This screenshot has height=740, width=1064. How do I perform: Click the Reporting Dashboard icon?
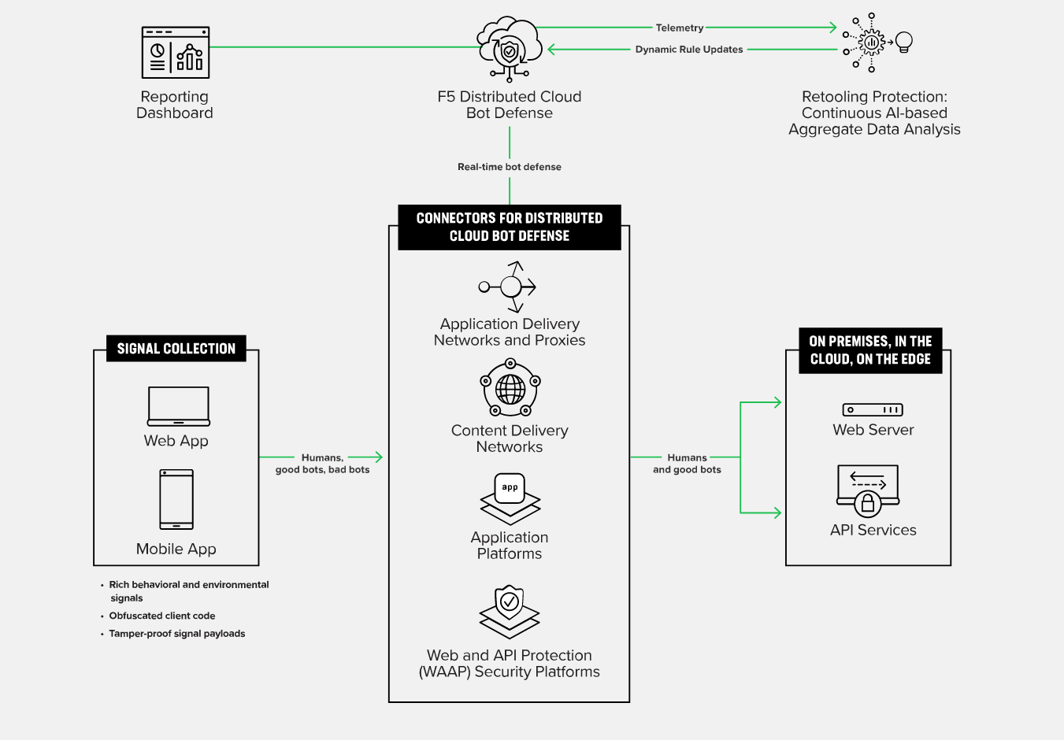pyautogui.click(x=176, y=53)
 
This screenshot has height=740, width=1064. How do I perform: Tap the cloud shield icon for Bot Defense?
pyautogui.click(x=510, y=50)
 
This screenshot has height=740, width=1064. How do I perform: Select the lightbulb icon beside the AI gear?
pyautogui.click(x=904, y=42)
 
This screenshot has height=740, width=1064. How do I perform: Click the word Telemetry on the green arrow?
pyautogui.click(x=679, y=28)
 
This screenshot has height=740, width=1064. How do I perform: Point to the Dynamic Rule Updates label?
pyautogui.click(x=689, y=50)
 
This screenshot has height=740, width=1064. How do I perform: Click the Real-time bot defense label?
pyautogui.click(x=510, y=167)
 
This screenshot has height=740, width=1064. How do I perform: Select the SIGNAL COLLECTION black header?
pyautogui.click(x=176, y=349)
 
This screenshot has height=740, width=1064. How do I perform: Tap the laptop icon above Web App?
pyautogui.click(x=178, y=406)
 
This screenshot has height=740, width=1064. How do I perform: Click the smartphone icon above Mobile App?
pyautogui.click(x=176, y=499)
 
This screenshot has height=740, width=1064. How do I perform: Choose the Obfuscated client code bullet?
pyautogui.click(x=161, y=616)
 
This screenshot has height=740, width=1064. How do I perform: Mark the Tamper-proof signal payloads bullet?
pyautogui.click(x=176, y=634)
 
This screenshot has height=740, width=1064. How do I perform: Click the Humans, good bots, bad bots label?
pyautogui.click(x=322, y=464)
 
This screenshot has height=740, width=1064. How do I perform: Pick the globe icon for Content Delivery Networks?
pyautogui.click(x=510, y=388)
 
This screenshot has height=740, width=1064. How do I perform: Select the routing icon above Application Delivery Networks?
pyautogui.click(x=510, y=287)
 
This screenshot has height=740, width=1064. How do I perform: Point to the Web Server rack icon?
pyautogui.click(x=873, y=410)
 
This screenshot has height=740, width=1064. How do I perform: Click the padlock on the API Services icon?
pyautogui.click(x=868, y=504)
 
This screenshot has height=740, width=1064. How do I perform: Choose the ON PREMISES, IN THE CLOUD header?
pyautogui.click(x=870, y=350)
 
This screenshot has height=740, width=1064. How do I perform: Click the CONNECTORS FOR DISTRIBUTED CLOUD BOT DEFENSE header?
pyautogui.click(x=510, y=228)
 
